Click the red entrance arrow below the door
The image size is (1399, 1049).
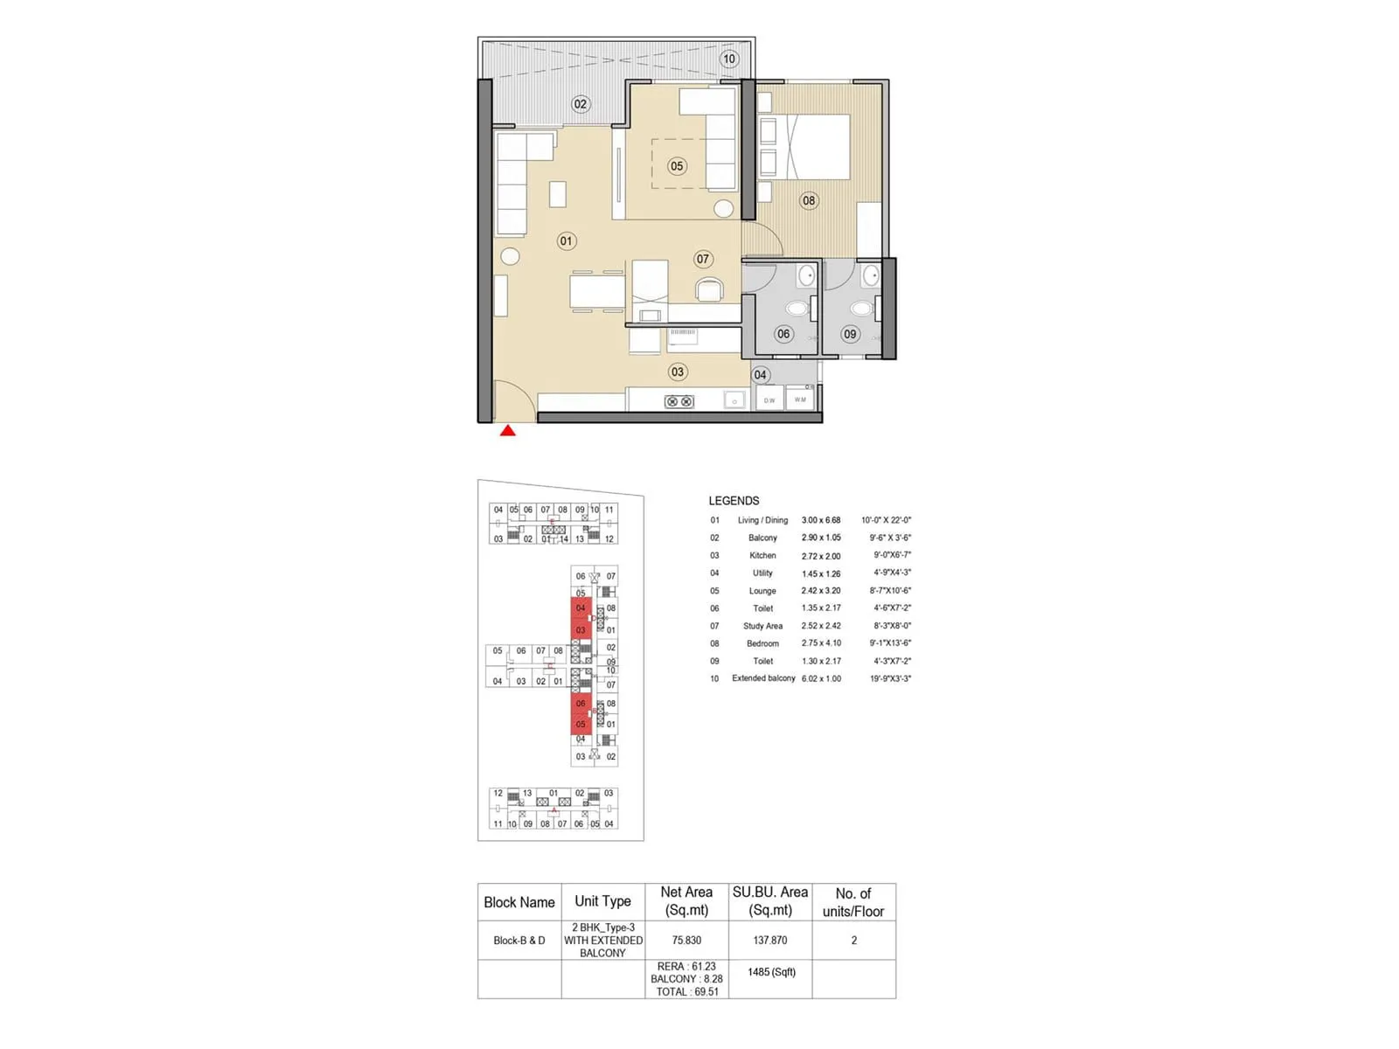507,430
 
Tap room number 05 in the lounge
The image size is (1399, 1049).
677,166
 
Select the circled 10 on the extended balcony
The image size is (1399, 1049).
728,59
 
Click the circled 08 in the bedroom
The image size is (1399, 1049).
809,201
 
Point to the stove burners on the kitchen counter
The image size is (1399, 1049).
679,401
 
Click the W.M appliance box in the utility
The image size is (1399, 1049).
800,399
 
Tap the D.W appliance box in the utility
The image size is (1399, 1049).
769,400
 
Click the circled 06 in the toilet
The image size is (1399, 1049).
783,334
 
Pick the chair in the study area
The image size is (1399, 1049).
709,288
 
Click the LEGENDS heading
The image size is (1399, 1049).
734,501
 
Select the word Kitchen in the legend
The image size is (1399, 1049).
762,556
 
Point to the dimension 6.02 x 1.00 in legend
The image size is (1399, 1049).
821,678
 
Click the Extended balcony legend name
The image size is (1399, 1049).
763,678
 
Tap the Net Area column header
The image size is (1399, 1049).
686,901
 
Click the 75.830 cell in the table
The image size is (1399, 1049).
686,941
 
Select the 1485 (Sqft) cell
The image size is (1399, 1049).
771,972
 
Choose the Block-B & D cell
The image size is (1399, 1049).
519,941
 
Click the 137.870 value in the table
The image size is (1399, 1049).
770,941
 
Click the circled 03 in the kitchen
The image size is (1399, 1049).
678,372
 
